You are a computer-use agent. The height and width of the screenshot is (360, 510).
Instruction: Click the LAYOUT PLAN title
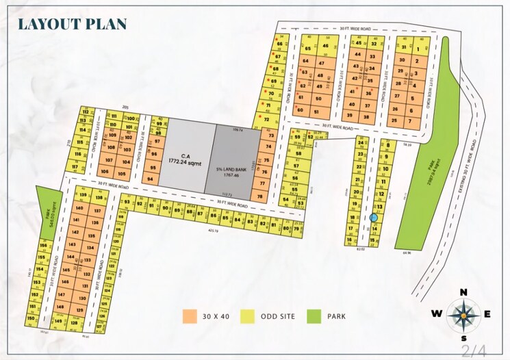(72, 23)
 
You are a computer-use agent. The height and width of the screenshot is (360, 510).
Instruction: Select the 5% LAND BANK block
(235, 155)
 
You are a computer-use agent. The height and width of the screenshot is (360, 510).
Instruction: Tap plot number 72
(266, 118)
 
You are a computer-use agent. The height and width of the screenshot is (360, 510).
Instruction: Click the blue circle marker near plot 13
(374, 218)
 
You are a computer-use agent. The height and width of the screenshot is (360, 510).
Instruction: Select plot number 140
(80, 207)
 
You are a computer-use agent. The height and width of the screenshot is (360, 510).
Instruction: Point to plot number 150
(30, 318)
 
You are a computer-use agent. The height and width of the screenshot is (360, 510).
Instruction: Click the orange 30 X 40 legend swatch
(190, 317)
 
